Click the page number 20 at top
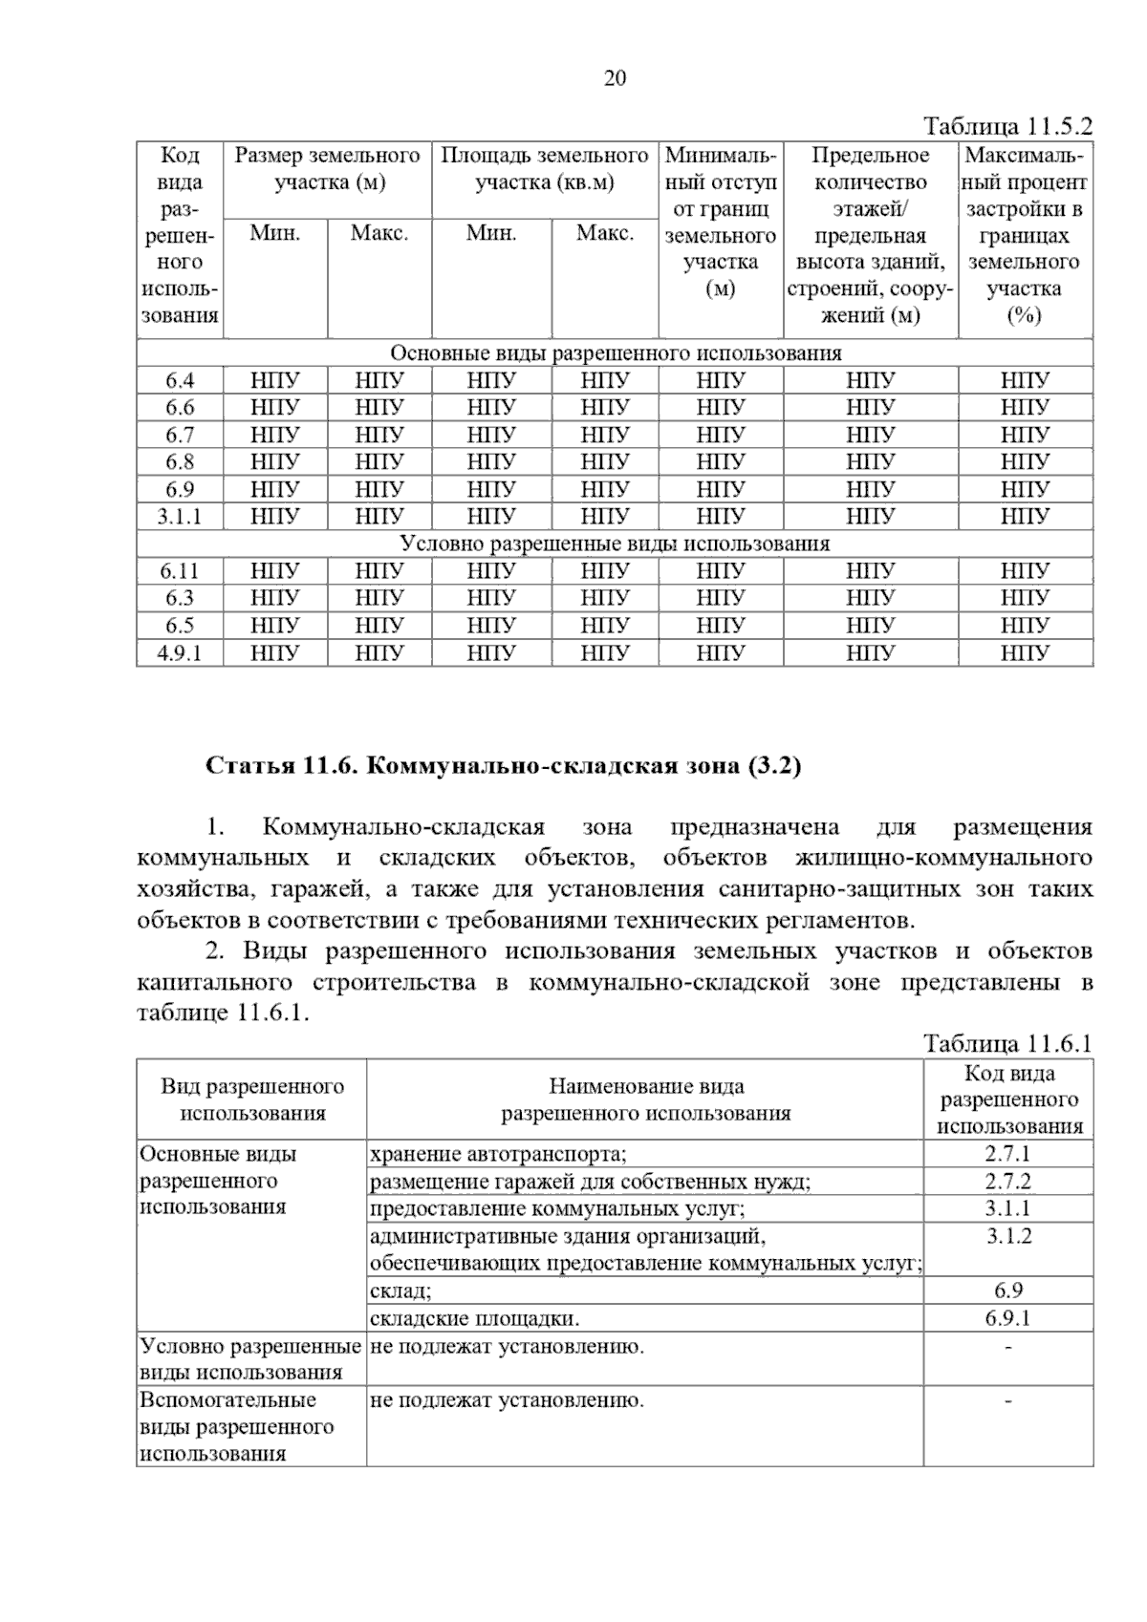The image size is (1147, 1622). click(x=615, y=78)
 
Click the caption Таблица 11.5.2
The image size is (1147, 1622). click(x=1006, y=127)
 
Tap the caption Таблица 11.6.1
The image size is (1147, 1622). click(x=1006, y=1043)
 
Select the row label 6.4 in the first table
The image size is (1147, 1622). click(x=180, y=381)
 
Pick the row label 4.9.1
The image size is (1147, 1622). click(x=180, y=653)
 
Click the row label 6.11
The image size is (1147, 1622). click(x=180, y=571)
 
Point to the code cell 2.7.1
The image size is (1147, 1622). click(x=1007, y=1154)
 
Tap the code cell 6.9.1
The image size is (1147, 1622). click(x=1007, y=1319)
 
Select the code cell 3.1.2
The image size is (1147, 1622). click(x=1007, y=1236)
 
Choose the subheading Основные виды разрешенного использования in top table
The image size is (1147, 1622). click(x=616, y=353)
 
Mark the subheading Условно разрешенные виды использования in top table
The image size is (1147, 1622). click(x=616, y=544)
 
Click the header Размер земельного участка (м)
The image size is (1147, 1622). click(x=328, y=169)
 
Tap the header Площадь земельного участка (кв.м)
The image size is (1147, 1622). click(x=545, y=169)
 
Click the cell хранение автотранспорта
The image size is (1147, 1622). click(x=498, y=1154)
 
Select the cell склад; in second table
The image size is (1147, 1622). click(x=400, y=1291)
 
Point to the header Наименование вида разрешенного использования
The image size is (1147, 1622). click(x=646, y=1099)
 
